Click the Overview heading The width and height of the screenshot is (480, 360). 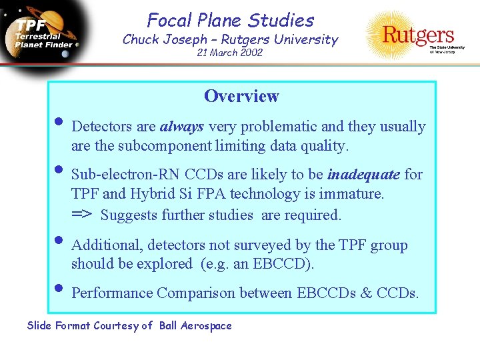click(x=241, y=97)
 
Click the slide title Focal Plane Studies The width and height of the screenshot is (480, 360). click(x=230, y=21)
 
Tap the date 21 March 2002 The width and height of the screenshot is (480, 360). click(x=230, y=53)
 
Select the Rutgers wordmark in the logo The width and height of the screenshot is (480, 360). click(x=418, y=34)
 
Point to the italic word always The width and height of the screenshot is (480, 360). click(x=182, y=127)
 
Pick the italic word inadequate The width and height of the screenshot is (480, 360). click(x=363, y=175)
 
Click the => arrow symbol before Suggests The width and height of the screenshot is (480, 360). click(x=83, y=215)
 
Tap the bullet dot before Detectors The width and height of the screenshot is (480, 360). click(x=59, y=122)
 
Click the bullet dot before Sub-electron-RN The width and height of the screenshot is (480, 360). click(x=59, y=170)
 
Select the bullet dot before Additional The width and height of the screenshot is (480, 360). click(x=59, y=241)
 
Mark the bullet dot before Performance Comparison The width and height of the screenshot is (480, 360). click(x=59, y=289)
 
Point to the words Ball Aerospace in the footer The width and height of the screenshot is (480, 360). click(x=195, y=326)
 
